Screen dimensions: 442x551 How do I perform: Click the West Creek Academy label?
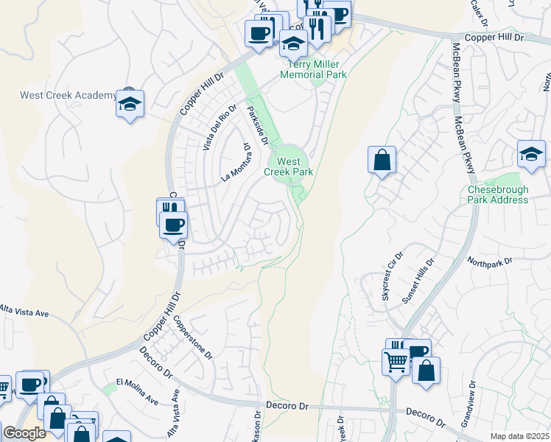pyautogui.click(x=68, y=96)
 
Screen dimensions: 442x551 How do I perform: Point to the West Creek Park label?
pyautogui.click(x=295, y=166)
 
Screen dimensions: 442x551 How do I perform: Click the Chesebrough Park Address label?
pyautogui.click(x=498, y=194)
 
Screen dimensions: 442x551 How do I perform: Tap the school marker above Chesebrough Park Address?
pyautogui.click(x=531, y=154)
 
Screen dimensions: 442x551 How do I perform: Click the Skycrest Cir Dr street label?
pyautogui.click(x=390, y=277)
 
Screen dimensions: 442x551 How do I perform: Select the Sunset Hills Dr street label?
pyautogui.click(x=418, y=281)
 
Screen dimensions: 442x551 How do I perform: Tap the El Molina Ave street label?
pyautogui.click(x=137, y=391)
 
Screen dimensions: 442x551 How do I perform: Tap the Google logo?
pyautogui.click(x=24, y=433)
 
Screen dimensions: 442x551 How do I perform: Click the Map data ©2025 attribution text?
pyautogui.click(x=519, y=436)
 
